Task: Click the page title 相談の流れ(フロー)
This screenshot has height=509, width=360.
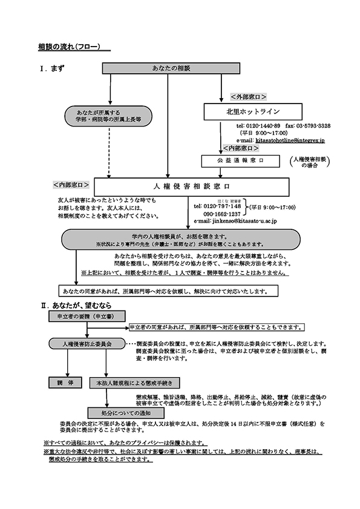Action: click(x=69, y=47)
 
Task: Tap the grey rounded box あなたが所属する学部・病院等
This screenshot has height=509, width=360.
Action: click(x=109, y=116)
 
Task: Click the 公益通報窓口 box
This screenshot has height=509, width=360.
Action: click(x=240, y=161)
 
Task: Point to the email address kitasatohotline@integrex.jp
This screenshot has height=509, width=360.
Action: click(x=290, y=140)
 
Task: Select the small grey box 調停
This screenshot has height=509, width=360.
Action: click(x=61, y=383)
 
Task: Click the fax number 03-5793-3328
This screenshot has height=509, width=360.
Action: click(x=313, y=125)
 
